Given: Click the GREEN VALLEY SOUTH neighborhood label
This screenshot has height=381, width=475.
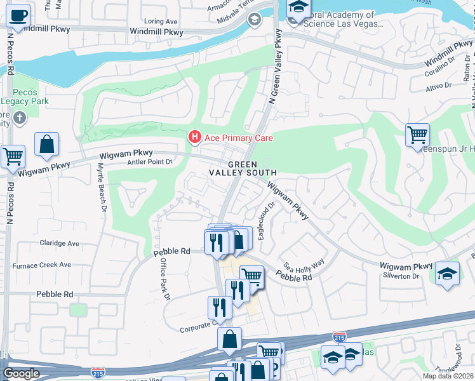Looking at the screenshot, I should point(243,168).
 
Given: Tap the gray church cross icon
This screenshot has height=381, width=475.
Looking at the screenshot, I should point(20,118).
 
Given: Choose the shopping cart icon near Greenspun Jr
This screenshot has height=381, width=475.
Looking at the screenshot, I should point(417,134).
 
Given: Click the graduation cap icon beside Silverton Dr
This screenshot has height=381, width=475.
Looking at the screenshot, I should point(448,274).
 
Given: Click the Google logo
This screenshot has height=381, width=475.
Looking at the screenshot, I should point(21,373).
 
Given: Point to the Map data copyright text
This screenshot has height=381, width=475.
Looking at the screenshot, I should point(448,376).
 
